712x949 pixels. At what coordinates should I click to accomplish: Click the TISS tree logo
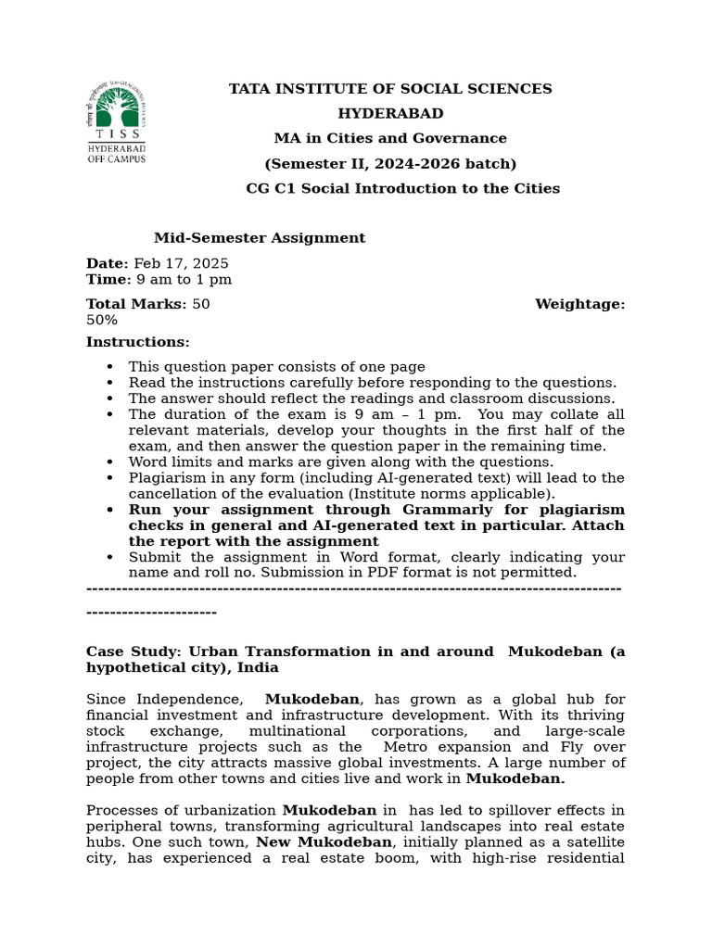tap(116, 109)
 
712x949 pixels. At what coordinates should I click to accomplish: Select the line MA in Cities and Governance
tap(390, 138)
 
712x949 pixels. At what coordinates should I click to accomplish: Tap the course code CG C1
tap(268, 188)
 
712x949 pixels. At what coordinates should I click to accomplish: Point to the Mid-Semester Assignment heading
tap(260, 238)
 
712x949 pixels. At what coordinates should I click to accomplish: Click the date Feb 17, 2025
tap(182, 263)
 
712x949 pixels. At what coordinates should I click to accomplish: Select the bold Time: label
tap(106, 279)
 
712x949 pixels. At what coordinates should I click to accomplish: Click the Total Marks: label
tap(136, 304)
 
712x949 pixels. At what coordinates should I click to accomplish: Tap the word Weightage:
tap(579, 304)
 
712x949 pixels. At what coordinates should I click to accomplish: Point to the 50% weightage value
tap(102, 320)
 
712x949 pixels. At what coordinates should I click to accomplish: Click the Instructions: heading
tap(137, 342)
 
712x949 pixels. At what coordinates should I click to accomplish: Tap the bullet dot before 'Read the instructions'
tap(110, 383)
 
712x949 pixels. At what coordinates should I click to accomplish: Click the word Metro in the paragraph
tap(406, 747)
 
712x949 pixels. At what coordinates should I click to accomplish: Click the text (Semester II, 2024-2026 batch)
tap(390, 163)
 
